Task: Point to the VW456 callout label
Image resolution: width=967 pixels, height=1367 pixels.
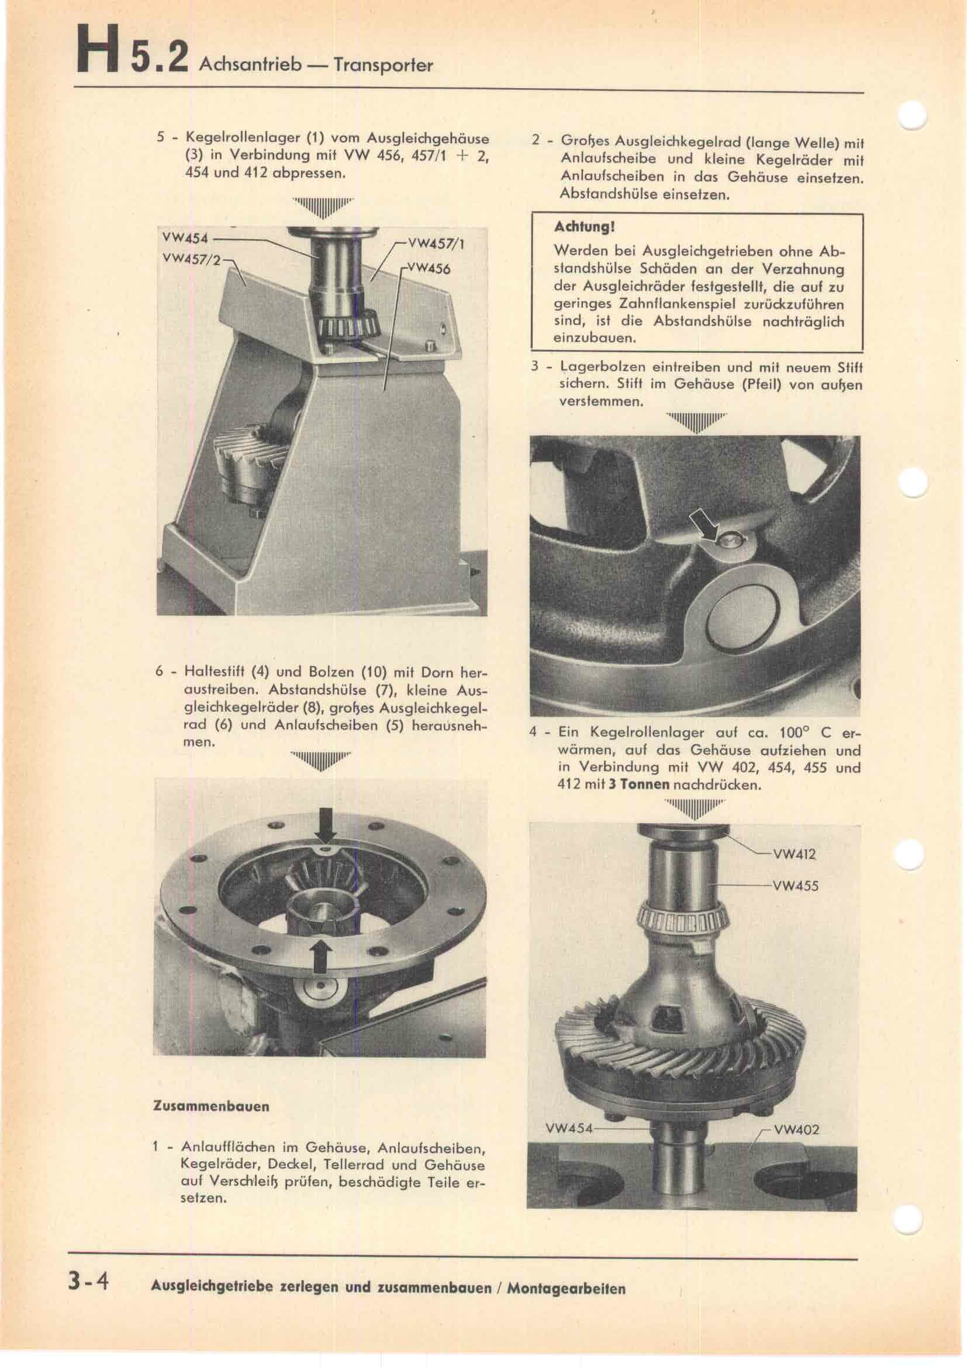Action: click(x=429, y=268)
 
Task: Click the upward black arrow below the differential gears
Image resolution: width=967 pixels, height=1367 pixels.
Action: click(x=321, y=957)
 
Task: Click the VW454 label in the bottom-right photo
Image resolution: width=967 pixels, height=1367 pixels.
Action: click(x=569, y=1127)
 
